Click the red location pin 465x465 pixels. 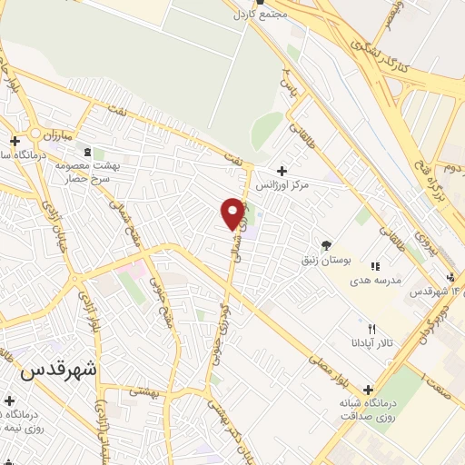(233, 213)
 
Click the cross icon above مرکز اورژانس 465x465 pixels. (282, 171)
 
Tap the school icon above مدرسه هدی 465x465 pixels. (374, 266)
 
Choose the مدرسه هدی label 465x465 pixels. (374, 281)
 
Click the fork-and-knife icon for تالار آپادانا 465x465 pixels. (371, 329)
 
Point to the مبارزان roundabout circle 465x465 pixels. (36, 134)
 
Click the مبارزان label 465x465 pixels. (62, 134)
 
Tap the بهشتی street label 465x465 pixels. (143, 391)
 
